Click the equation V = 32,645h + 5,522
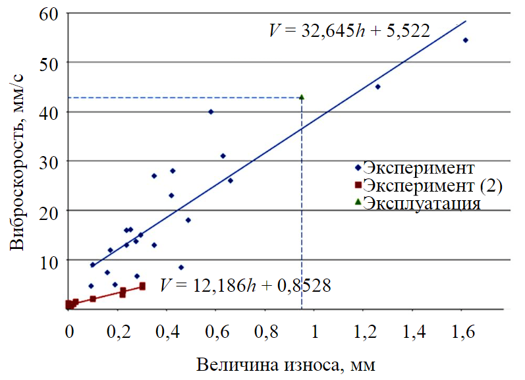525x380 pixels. (350, 31)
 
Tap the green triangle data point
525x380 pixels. (302, 97)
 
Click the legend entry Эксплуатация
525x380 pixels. (421, 203)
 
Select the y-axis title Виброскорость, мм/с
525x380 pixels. (18, 161)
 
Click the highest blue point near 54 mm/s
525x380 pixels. (465, 40)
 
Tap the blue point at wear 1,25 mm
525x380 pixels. (377, 86)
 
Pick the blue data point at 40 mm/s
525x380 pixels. (211, 112)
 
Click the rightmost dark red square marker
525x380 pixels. (142, 286)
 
